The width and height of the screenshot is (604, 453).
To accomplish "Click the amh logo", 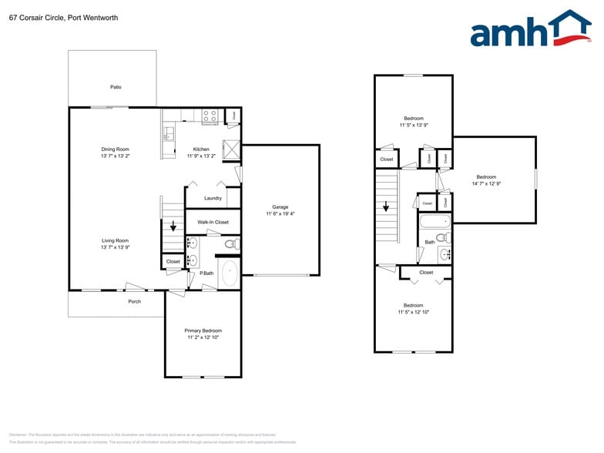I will [x=529, y=29].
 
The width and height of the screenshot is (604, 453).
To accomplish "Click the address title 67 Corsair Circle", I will [x=63, y=17].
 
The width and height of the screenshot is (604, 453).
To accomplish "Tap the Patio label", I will [x=116, y=87].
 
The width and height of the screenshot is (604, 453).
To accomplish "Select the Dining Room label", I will [x=115, y=149].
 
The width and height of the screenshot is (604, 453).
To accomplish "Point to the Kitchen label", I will [x=201, y=149].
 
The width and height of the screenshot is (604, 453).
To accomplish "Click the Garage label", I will [x=280, y=206].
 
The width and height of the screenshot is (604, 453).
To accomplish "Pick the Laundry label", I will [x=213, y=198].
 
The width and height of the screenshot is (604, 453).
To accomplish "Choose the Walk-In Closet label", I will [x=213, y=222].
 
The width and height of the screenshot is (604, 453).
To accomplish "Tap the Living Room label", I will [x=115, y=240].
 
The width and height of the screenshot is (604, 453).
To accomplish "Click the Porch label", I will [x=134, y=301].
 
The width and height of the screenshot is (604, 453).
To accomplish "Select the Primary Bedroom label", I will [x=203, y=331].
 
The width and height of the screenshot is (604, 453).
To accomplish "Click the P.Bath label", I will [x=206, y=273].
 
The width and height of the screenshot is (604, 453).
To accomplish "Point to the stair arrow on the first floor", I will [x=173, y=226].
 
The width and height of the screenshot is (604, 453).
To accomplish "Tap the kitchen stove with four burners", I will [x=209, y=116].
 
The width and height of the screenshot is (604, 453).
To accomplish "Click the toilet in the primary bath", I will [x=231, y=244].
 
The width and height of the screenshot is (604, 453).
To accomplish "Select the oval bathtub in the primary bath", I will [x=230, y=273].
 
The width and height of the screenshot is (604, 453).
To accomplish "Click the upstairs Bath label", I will [x=430, y=243].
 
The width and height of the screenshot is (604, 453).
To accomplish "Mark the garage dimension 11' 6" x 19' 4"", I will [x=280, y=213].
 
